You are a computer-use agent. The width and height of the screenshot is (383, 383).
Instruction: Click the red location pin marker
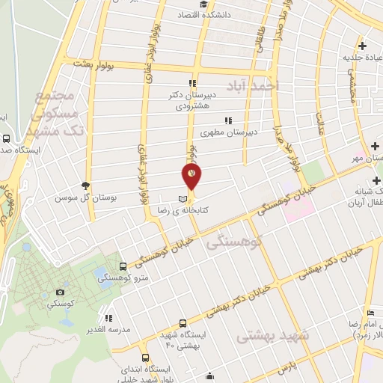tap(192, 177)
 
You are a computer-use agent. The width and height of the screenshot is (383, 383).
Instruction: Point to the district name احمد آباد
tap(267, 86)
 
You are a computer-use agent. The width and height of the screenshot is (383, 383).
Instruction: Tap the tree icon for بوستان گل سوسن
tap(88, 186)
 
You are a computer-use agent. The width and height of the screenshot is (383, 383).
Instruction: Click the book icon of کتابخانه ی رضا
tap(183, 198)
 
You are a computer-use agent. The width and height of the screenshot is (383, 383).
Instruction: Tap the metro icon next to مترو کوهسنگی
tap(123, 266)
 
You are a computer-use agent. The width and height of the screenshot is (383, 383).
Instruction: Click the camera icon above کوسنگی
tap(60, 292)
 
